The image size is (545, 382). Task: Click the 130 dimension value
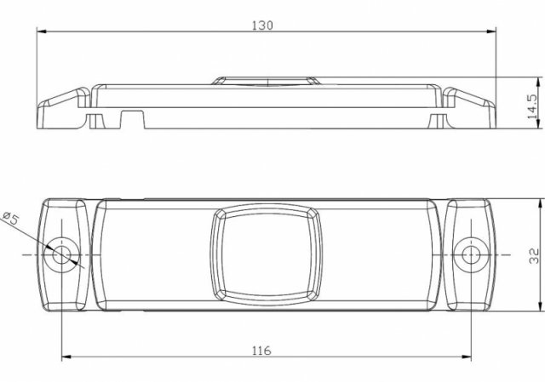pyautogui.click(x=262, y=26)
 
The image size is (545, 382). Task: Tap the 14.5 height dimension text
pyautogui.click(x=532, y=106)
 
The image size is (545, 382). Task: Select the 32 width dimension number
pyautogui.click(x=534, y=256)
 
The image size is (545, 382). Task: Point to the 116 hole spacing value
pyautogui.click(x=261, y=351)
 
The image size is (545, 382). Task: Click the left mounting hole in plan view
pyautogui.click(x=61, y=255)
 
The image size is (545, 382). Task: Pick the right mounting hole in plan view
pyautogui.click(x=471, y=255)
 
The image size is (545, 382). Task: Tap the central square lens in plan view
pyautogui.click(x=267, y=255)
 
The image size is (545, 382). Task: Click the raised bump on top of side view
pyautogui.click(x=266, y=81)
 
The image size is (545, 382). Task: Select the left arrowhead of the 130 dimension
pyautogui.click(x=42, y=31)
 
